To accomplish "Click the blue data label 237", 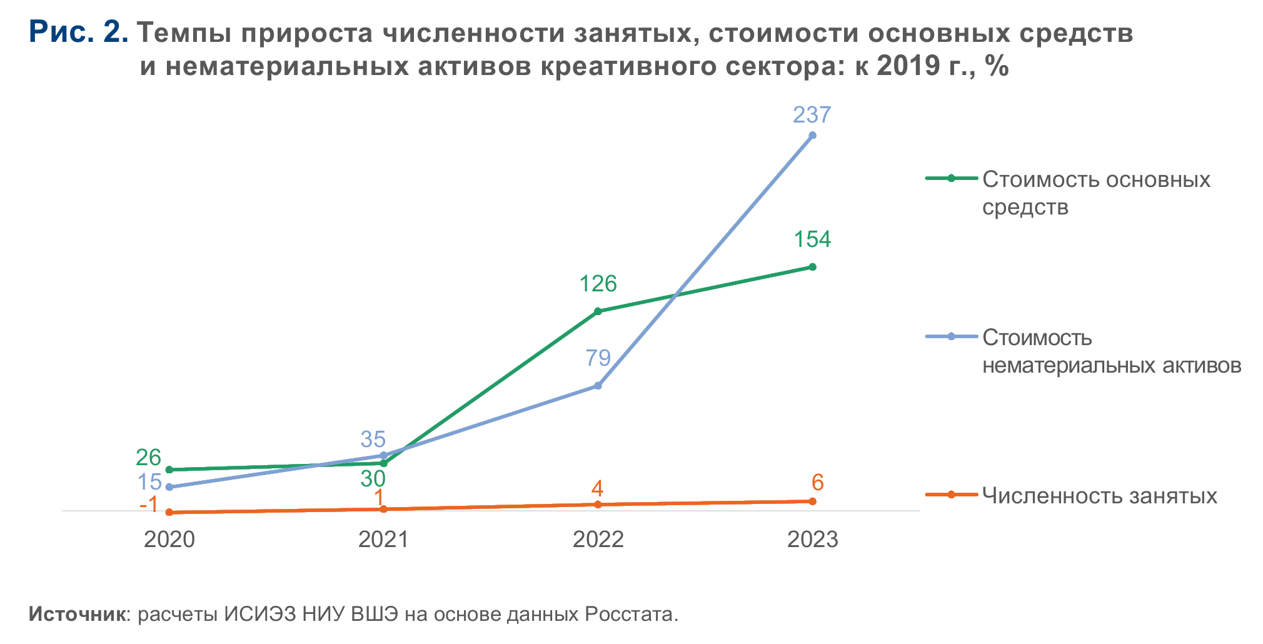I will point(812,115).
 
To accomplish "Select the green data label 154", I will point(812,239).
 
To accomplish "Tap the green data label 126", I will point(598,284).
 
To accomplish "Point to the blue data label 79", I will point(598,358).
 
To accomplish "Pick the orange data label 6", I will point(817,483).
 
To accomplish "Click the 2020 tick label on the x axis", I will point(169,540).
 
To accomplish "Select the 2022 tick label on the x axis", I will point(598,540).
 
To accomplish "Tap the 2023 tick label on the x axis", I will point(812,540).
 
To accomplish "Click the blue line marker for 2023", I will point(812,135).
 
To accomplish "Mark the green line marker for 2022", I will point(598,311).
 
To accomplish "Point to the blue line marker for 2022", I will point(598,386).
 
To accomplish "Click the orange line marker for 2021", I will point(384,509).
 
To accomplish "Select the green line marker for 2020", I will point(169,470).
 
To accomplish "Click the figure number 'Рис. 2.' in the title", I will point(79,32).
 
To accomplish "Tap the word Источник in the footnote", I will point(78,614).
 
